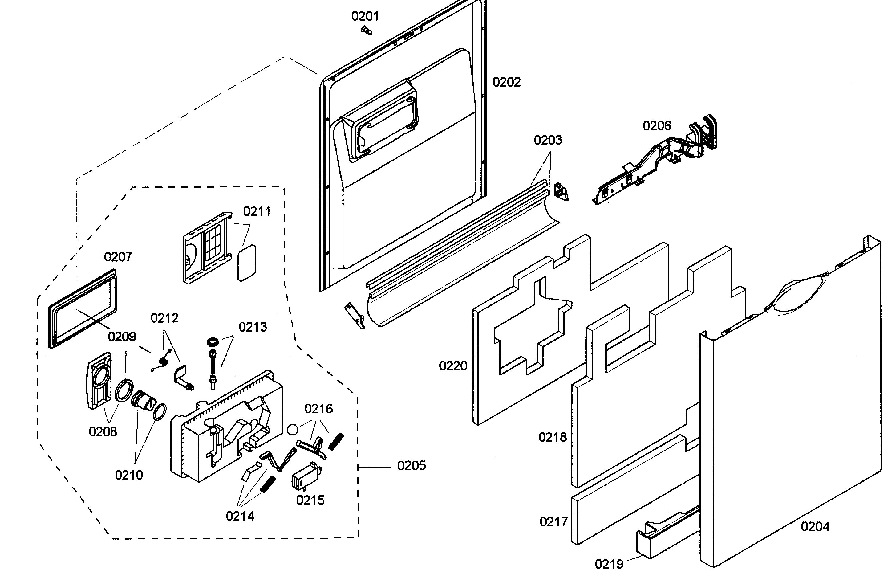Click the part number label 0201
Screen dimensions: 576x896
pos(365,16)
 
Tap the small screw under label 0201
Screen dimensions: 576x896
pos(366,30)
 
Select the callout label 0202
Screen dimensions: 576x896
pos(506,82)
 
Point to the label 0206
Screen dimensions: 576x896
pos(657,126)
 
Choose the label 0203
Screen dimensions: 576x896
pos(548,140)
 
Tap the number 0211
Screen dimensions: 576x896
pos(257,212)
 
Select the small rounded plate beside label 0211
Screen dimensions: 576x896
pos(247,263)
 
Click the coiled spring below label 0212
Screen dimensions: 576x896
pos(163,361)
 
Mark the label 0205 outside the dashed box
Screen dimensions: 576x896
pos(411,466)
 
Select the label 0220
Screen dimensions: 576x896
pos(453,366)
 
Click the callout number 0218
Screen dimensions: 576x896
pos(552,437)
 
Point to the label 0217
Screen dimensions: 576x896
pos(553,522)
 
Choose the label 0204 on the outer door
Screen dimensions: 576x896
pos(815,527)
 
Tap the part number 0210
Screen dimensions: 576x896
pos(129,475)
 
